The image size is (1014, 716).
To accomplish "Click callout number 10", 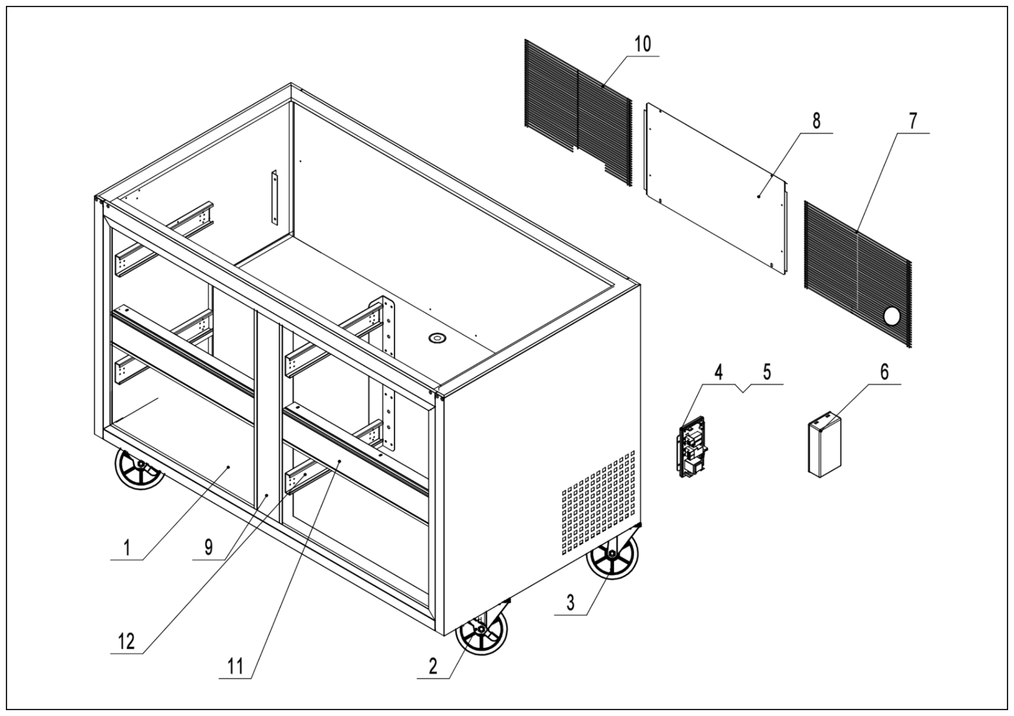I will (643, 45).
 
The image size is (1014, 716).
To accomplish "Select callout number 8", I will (816, 120).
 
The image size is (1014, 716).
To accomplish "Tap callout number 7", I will (913, 120).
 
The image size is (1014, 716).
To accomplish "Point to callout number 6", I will (885, 372).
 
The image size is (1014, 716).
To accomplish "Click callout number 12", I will (127, 641).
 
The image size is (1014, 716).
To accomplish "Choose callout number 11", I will (235, 666).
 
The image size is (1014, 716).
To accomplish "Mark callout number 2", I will (433, 666).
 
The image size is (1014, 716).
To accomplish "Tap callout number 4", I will (719, 372).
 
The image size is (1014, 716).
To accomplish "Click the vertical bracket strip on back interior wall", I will (275, 197).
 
